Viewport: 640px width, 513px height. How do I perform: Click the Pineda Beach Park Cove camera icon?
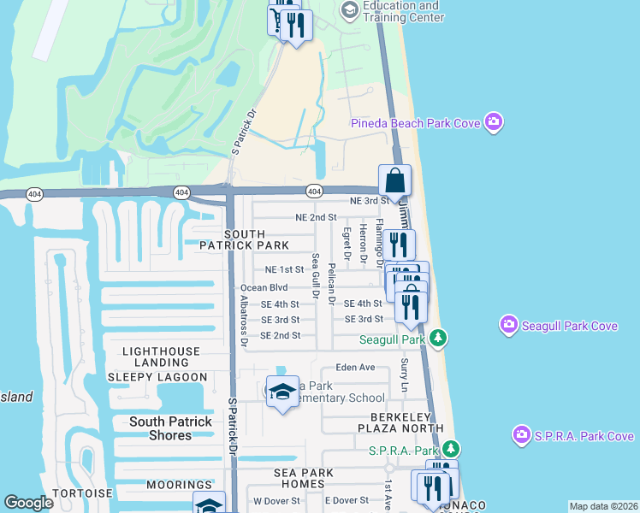(x=493, y=123)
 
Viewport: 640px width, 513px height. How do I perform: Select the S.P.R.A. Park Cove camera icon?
(x=522, y=435)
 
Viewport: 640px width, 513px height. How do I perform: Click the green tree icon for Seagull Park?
(x=437, y=339)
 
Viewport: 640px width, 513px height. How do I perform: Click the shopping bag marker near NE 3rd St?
(x=394, y=181)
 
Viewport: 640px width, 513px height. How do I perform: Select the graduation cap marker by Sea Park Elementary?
(x=282, y=392)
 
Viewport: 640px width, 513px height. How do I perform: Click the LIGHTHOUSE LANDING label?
(x=161, y=351)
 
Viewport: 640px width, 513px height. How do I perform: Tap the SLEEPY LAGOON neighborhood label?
(x=157, y=377)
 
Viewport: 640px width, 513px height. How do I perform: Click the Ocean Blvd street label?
(x=264, y=288)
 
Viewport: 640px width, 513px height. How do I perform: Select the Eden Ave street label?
(x=355, y=367)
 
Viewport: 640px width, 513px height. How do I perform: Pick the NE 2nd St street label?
(x=315, y=218)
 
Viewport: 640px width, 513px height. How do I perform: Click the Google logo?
(x=28, y=503)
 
